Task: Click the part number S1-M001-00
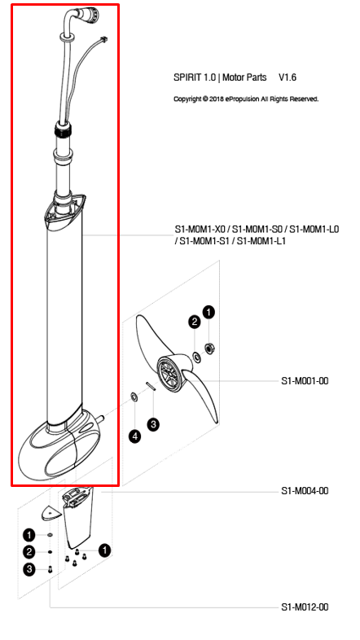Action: pos(305,380)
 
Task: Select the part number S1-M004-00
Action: pos(305,491)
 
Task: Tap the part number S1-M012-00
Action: pos(305,607)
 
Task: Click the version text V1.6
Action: pos(288,77)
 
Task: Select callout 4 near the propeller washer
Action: pos(135,436)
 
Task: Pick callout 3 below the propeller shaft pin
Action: pos(152,423)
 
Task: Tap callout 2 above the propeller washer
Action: pos(194,322)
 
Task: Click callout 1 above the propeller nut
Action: pos(209,312)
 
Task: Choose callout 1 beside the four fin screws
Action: pos(104,550)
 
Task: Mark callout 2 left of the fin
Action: pos(29,552)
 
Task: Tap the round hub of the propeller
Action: pos(169,375)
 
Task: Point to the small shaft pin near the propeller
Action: pos(151,388)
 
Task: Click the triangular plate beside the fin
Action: pos(50,511)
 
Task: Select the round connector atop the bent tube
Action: pos(90,15)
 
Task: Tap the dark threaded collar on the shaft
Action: pos(62,129)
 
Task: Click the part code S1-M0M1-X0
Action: pos(200,230)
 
